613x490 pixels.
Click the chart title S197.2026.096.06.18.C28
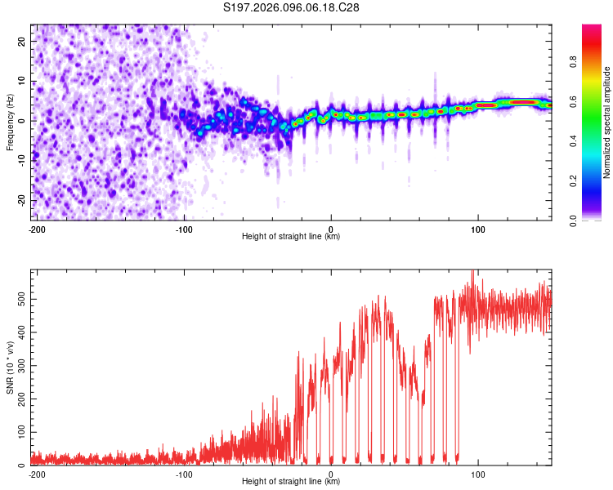(292, 7)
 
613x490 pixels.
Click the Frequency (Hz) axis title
(10, 121)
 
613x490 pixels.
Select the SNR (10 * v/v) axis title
(10, 367)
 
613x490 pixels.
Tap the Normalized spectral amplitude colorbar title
(606, 122)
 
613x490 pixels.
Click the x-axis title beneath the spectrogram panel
(291, 237)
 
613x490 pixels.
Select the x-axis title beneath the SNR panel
(291, 482)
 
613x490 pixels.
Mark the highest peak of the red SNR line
(472, 272)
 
